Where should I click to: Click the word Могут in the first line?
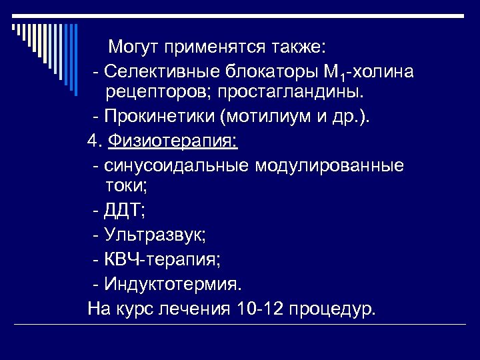click(136, 47)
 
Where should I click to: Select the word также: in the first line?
click(297, 47)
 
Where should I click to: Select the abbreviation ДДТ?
click(125, 211)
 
